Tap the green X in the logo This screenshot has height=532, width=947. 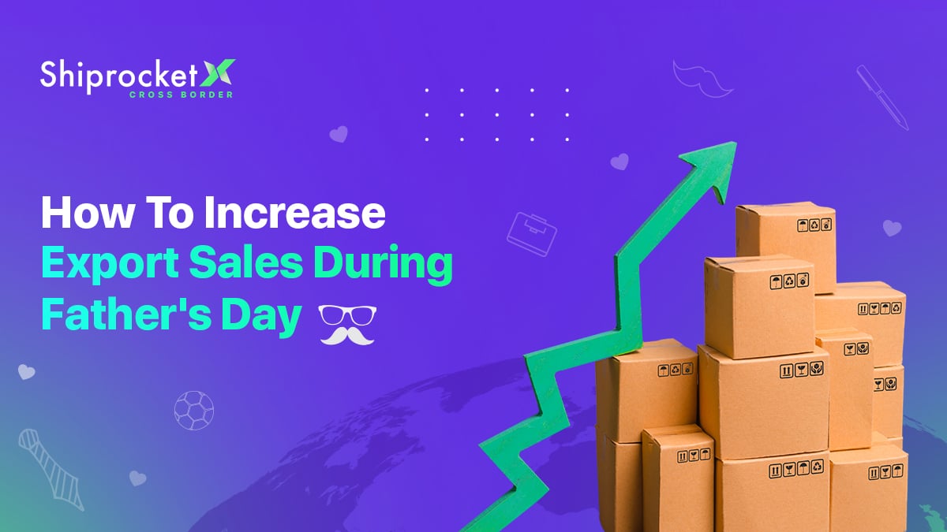[217, 73]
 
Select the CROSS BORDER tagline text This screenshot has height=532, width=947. [181, 95]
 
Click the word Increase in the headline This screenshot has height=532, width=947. [294, 212]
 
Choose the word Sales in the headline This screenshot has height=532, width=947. [246, 262]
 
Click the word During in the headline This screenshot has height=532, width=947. [383, 265]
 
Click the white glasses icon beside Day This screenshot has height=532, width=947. [347, 315]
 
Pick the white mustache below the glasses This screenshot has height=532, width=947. [347, 336]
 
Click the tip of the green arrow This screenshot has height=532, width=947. [736, 143]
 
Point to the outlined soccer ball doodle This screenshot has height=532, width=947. [194, 411]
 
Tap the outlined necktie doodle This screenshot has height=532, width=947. [51, 469]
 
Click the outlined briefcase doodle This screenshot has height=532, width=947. [532, 234]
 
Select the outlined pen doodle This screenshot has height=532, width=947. [882, 97]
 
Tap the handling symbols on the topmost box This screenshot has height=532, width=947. [814, 225]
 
